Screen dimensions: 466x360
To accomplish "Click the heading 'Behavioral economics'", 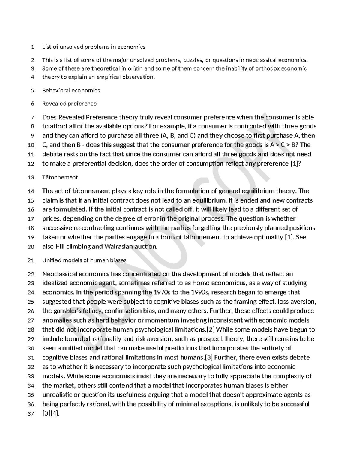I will click(71, 90).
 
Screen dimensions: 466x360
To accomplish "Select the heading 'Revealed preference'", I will click(69, 104).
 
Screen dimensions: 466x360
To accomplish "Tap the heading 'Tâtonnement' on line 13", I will click(60, 177).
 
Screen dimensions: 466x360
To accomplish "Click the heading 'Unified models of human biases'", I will click(84, 260).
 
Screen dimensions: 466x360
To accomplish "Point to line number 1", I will click(33, 47).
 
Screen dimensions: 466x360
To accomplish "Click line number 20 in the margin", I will click(31, 247).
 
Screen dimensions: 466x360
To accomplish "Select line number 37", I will click(31, 414).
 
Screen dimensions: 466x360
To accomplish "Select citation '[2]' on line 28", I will click(211, 329).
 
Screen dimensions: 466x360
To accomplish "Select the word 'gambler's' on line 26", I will click(67, 311).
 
